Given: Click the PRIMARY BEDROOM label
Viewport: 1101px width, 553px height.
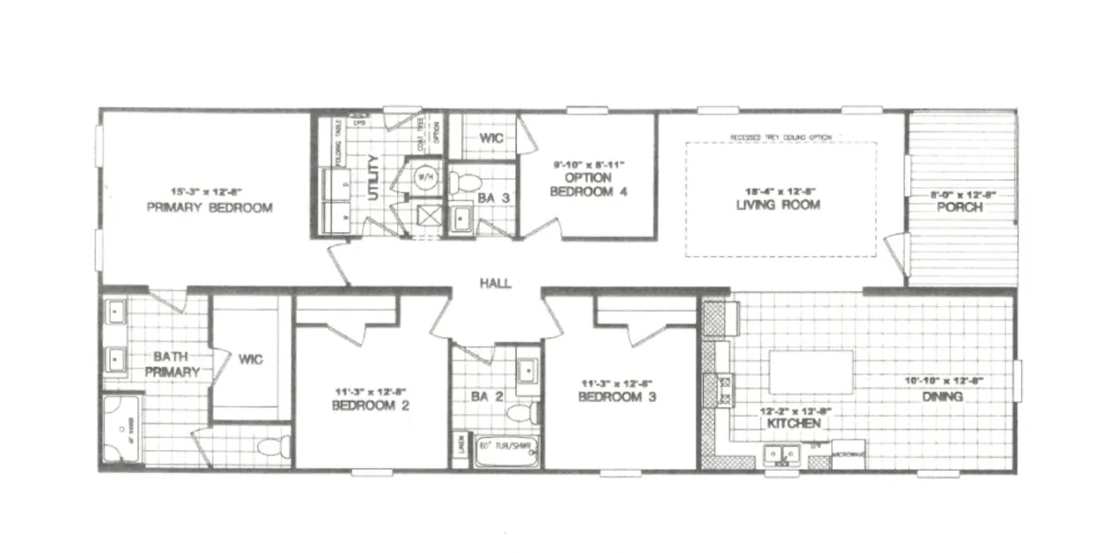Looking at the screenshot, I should click(209, 208).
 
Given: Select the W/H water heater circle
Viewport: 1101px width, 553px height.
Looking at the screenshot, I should click(425, 175).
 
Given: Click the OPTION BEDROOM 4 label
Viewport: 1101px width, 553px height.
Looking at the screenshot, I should click(589, 185).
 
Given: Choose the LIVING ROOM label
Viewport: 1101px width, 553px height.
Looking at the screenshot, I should click(779, 205).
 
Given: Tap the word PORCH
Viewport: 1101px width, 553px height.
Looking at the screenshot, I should click(960, 207).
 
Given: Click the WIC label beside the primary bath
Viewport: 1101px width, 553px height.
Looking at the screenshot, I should click(251, 359).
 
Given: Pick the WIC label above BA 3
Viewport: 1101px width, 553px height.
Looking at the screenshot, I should click(489, 139).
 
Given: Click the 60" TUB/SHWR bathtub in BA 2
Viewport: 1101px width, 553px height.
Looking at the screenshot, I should click(506, 451).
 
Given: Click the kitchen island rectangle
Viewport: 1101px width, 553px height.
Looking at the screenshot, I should click(811, 371).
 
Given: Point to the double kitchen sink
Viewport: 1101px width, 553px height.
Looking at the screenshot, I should click(782, 453).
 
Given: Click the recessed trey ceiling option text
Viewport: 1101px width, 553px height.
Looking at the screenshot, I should click(780, 137).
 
